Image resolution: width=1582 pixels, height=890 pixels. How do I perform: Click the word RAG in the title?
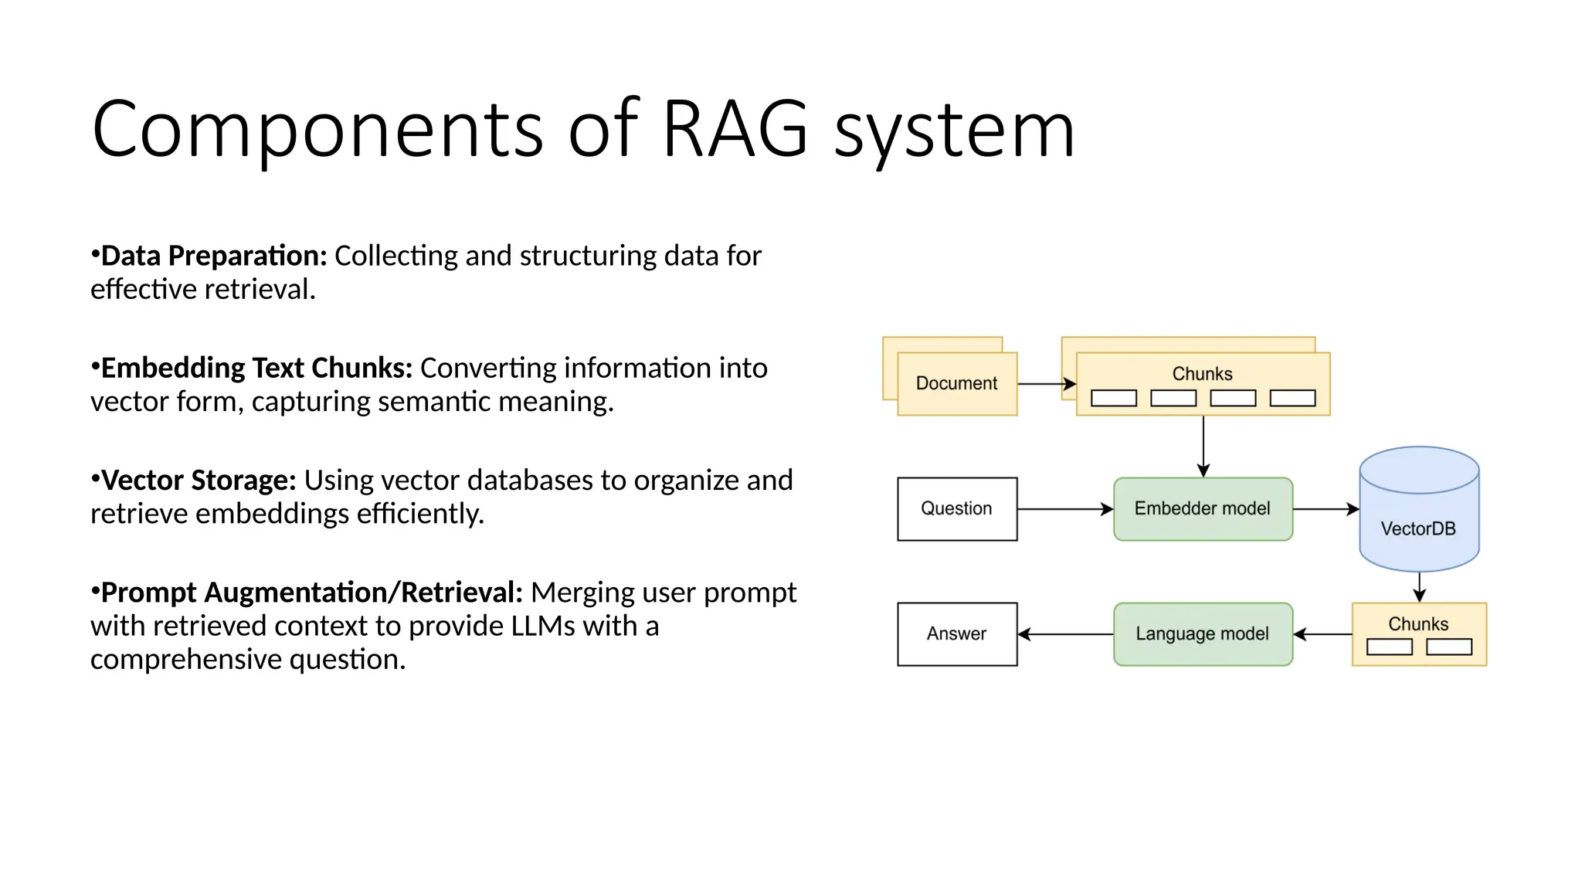[735, 128]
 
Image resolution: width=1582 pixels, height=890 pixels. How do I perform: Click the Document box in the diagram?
[956, 383]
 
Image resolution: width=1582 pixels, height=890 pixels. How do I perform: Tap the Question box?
[956, 508]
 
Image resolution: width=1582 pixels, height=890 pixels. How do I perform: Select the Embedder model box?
[1202, 508]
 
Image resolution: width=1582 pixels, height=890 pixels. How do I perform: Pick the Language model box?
[1202, 634]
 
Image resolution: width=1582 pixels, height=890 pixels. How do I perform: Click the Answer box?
[956, 634]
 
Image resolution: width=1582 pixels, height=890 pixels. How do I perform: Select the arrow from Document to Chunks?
[1046, 384]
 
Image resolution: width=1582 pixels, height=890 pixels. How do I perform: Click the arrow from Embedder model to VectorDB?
[1325, 509]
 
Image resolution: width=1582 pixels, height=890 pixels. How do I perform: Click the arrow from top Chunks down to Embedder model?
[1203, 446]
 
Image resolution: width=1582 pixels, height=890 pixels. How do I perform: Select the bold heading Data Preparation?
[214, 256]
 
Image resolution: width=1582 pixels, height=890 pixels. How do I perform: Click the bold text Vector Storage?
[199, 480]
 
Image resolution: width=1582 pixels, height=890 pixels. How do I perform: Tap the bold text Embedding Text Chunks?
[256, 368]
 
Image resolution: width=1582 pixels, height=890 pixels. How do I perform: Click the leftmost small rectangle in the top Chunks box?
[1113, 398]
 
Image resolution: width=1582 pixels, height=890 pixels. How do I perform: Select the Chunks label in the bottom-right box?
[1418, 623]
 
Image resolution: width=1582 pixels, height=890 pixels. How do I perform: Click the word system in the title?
[954, 131]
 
